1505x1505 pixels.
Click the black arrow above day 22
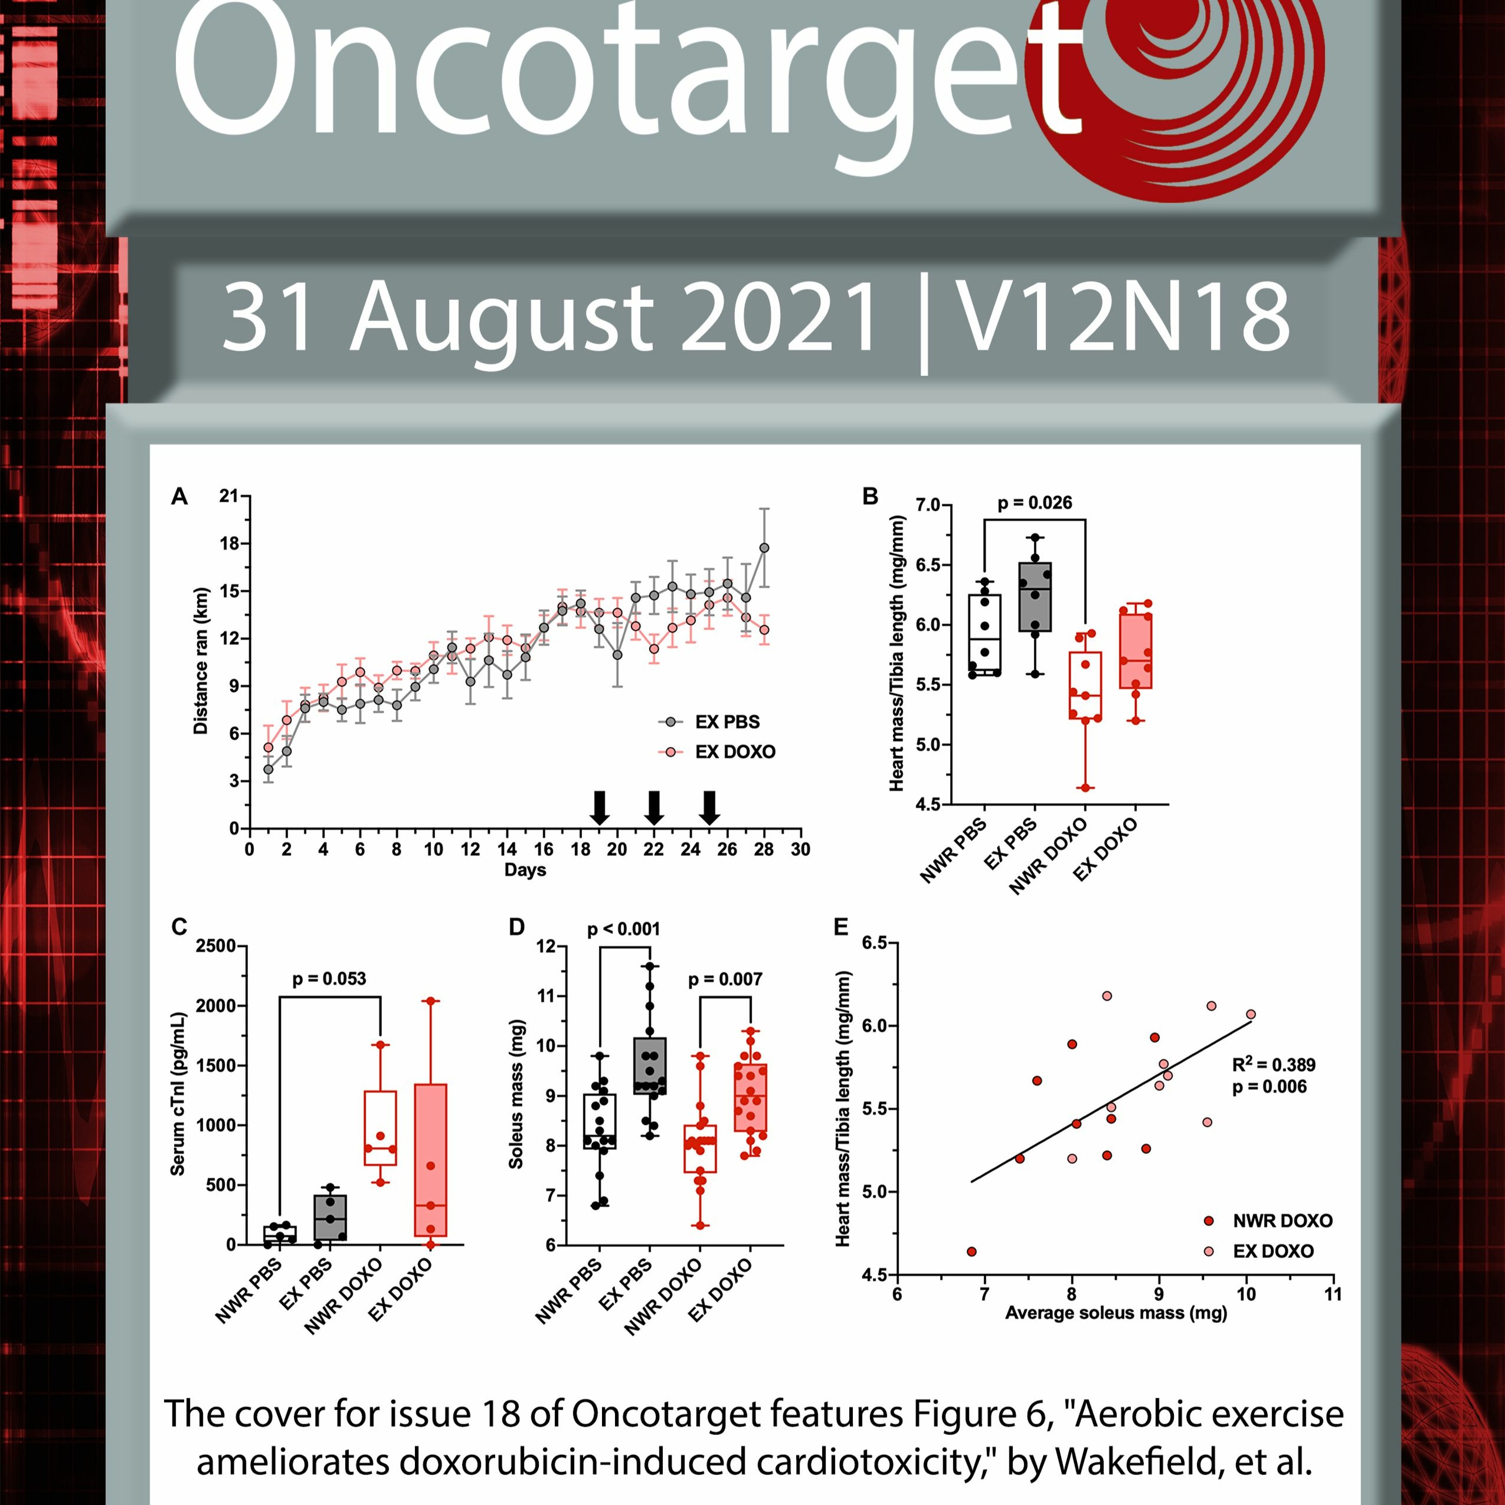[654, 808]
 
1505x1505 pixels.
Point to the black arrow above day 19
[599, 808]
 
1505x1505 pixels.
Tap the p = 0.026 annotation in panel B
[1034, 503]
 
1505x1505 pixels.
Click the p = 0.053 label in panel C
[329, 978]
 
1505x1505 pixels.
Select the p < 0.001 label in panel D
[623, 929]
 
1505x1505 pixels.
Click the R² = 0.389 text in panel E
[1274, 1065]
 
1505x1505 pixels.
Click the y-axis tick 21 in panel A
[229, 496]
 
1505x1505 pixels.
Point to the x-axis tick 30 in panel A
[801, 849]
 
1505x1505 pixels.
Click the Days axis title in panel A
[525, 870]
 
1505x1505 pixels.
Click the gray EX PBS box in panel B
[1035, 596]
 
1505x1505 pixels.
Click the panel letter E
[841, 927]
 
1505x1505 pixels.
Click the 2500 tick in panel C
[216, 946]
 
